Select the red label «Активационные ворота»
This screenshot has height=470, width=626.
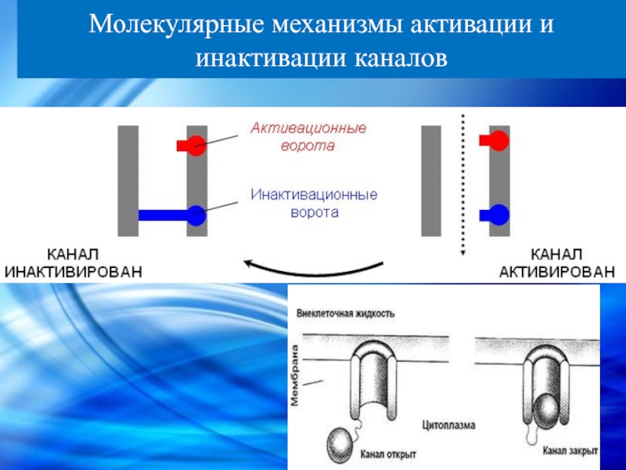[x=308, y=136]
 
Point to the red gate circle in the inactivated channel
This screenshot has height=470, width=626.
[x=196, y=145]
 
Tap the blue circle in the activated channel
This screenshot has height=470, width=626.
[x=499, y=213]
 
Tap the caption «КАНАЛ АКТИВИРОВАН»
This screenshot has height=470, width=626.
[x=557, y=263]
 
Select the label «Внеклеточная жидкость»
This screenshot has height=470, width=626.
[x=345, y=313]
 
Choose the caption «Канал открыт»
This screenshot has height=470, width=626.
[x=389, y=453]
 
